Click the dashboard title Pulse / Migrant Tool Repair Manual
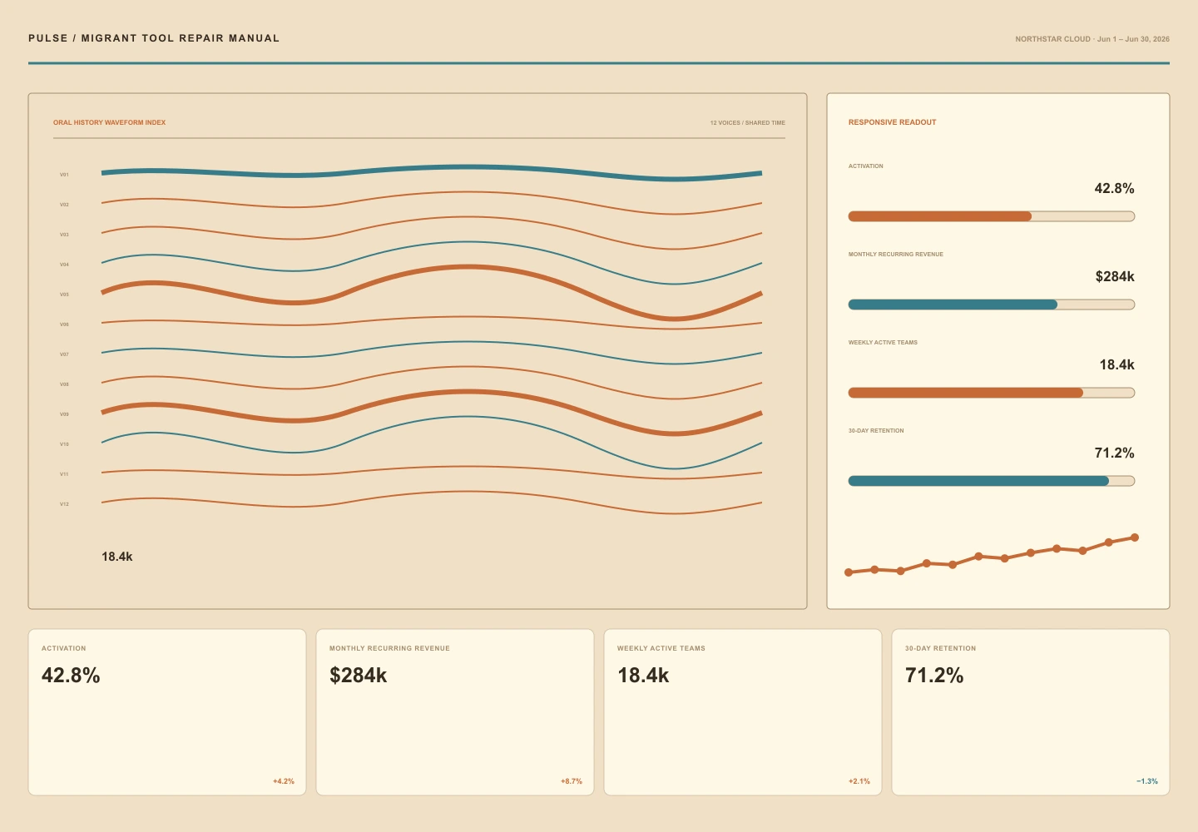coord(153,38)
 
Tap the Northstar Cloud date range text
coord(1092,39)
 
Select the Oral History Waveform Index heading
coord(109,122)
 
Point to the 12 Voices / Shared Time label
coord(747,123)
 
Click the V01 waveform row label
coord(64,175)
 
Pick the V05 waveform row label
coord(64,295)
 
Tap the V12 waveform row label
coord(64,504)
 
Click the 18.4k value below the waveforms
coord(117,557)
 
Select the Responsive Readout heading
coord(892,122)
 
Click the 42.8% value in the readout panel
coord(1114,188)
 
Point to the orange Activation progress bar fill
coord(940,216)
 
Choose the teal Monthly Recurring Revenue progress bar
coord(953,305)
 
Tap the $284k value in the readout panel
coord(1115,276)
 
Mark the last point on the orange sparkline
coord(1135,537)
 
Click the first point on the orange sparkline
coord(849,572)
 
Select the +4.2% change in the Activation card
coord(284,781)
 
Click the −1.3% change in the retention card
coord(1147,781)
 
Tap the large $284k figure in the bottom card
coord(358,676)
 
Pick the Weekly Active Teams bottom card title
coord(661,648)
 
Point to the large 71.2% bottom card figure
coord(933,676)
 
